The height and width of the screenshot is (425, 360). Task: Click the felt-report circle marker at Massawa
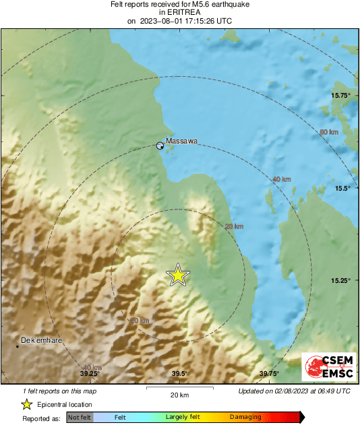(160, 145)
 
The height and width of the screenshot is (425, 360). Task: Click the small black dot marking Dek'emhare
(18, 346)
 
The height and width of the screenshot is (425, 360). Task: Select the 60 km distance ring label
(328, 132)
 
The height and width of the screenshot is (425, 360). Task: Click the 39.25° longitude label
(90, 374)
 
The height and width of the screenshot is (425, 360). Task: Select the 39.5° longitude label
(179, 374)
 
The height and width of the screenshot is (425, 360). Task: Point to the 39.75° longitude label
(269, 374)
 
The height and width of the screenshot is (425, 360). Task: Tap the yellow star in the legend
(26, 404)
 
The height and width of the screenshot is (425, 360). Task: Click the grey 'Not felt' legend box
(80, 418)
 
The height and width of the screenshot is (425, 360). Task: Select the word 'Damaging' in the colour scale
(245, 418)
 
